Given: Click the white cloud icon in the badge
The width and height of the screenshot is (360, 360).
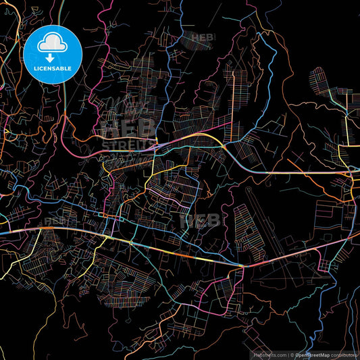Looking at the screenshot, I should (x=52, y=43).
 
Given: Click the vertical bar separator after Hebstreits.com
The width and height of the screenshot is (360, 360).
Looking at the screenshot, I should (x=288, y=355).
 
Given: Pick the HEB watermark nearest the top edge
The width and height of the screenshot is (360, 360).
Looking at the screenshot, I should (x=202, y=38).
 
